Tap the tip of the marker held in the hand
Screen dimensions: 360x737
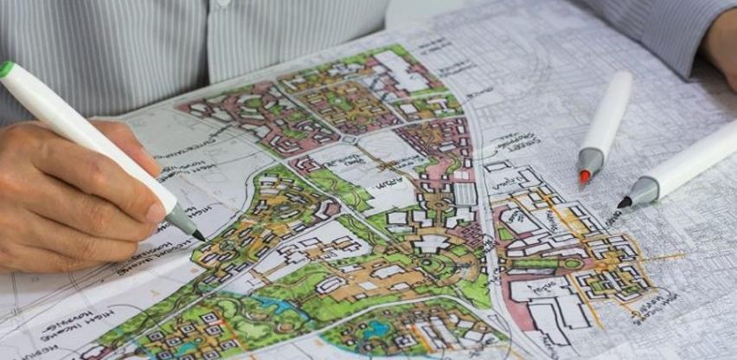point(200,236)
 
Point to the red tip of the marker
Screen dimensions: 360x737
point(585,177)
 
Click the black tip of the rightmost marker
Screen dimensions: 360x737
point(624,203)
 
